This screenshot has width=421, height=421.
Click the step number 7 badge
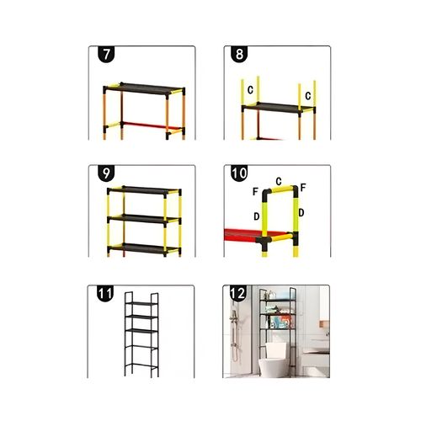coord(106,54)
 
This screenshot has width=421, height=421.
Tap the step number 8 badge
coord(239,54)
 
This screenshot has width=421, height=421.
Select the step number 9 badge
coord(106,173)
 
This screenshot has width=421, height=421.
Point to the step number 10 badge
coord(239,173)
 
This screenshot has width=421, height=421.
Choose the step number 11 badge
coord(105,294)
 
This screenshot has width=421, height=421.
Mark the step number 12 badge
coord(238,294)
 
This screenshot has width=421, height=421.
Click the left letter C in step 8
coord(250,90)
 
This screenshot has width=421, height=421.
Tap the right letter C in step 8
coord(308,96)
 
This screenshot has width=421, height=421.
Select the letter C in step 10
coord(279,181)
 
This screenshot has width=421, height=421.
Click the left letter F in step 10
coord(255,191)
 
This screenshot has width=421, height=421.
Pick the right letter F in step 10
coord(303,187)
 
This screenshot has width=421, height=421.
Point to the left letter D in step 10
coord(257,216)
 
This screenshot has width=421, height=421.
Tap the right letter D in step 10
coord(301,213)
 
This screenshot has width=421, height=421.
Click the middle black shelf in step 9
coord(144,219)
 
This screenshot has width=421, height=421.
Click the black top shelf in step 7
coord(145,88)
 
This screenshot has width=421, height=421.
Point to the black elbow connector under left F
coord(266,195)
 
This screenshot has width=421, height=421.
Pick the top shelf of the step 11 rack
coord(141,304)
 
